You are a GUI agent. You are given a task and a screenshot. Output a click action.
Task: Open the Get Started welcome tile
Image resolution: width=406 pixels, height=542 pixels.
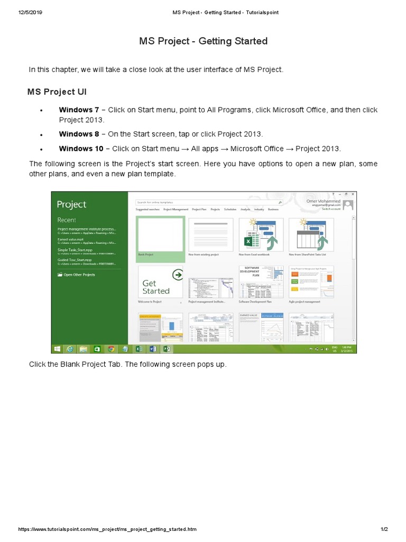click(160, 282)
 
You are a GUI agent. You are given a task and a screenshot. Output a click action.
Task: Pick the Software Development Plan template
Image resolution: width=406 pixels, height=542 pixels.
click(261, 282)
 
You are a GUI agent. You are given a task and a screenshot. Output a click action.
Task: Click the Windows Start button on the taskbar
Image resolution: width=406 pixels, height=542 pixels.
click(57, 349)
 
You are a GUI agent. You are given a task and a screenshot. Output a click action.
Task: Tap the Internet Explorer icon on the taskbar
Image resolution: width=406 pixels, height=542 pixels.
click(69, 349)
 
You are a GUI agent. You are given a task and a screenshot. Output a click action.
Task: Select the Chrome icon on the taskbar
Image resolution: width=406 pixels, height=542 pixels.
click(111, 349)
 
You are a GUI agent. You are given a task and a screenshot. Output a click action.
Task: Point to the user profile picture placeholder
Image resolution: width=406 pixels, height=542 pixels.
click(348, 205)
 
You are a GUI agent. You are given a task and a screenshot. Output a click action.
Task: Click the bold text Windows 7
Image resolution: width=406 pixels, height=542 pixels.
click(79, 110)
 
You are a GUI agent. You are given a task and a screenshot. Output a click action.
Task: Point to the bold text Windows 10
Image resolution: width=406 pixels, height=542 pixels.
click(81, 149)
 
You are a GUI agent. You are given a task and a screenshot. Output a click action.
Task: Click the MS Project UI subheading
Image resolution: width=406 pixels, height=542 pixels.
click(57, 92)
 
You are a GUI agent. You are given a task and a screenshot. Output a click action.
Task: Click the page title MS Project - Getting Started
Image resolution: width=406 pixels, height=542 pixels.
click(203, 41)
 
